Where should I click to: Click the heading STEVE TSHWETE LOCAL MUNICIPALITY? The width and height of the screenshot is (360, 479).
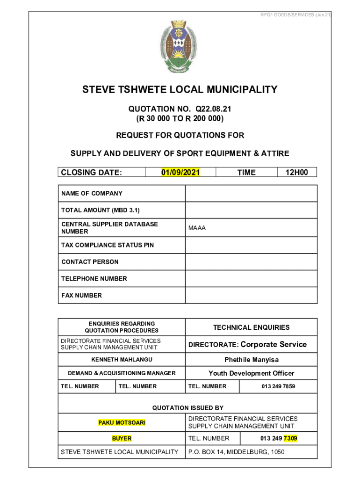tap(180, 89)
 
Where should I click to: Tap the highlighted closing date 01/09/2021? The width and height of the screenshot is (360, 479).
tap(180, 173)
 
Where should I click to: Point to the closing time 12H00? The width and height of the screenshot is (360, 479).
tap(297, 173)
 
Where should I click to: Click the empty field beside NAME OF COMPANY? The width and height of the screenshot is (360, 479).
tap(251, 194)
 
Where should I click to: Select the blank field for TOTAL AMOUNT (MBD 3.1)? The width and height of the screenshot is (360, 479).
tap(251, 210)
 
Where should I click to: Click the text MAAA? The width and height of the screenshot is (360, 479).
tap(197, 228)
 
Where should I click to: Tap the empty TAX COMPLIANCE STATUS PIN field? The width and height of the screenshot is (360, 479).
tap(251, 245)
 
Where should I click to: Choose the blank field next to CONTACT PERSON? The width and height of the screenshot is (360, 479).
tap(251, 262)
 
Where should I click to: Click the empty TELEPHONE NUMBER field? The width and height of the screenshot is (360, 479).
tap(251, 279)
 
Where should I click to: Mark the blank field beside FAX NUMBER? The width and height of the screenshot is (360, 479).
tap(251, 296)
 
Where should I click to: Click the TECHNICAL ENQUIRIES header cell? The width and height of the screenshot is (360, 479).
tap(252, 327)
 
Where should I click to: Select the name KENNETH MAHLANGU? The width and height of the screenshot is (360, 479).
tap(122, 360)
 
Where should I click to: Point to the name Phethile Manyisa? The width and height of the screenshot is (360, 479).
tap(252, 360)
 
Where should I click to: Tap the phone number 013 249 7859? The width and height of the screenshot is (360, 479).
tap(278, 386)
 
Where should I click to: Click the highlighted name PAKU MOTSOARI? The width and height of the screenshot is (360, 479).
tap(122, 422)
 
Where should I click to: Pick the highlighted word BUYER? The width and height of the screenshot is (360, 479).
tap(122, 439)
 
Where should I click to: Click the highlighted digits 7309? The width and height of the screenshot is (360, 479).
tap(290, 438)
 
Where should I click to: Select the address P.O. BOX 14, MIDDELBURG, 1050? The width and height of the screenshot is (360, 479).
tap(236, 452)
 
